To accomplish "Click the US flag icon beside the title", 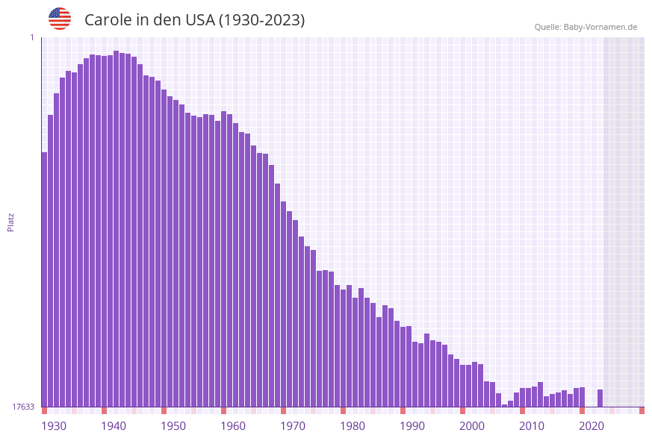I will coord(60,19).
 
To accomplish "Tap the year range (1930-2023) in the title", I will coord(261,20).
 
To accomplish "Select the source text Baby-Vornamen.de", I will coord(600,27).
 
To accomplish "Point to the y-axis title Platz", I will coord(11,222).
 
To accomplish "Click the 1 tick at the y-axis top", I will coord(31,37).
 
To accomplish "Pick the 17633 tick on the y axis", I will coord(23,407).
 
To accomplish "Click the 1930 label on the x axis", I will coord(54,426).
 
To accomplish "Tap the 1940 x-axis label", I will coord(114,426).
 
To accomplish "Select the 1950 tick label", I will coord(173,426).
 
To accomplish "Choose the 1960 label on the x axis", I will coord(233,426).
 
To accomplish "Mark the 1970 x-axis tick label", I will coord(293,426).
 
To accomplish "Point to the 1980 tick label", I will coord(353,426).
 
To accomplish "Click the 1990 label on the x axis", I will coord(412,426).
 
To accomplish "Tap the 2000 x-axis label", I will coord(472,426).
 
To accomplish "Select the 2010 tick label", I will coord(532,426).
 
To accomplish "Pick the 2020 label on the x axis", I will coord(592,426).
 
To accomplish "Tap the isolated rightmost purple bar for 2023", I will coord(600,398).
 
